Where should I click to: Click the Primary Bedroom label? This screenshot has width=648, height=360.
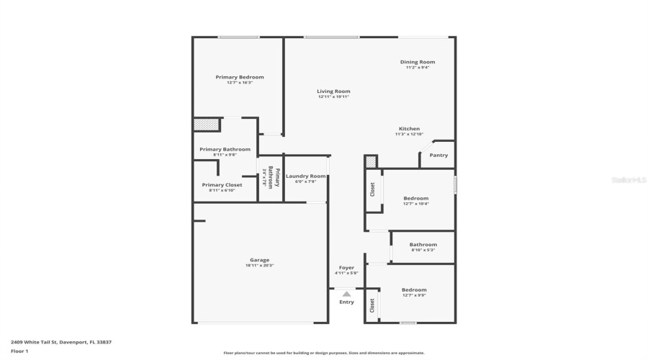[240, 77]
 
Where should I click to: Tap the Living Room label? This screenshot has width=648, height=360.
[333, 91]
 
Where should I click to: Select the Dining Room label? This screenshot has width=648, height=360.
[418, 62]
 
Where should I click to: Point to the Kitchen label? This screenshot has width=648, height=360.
[409, 129]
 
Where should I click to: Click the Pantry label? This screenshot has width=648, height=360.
[438, 156]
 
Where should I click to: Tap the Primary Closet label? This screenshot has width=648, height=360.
[222, 185]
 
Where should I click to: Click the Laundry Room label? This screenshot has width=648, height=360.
[306, 176]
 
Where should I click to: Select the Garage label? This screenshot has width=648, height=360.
[259, 260]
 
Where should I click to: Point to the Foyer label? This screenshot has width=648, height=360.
[346, 268]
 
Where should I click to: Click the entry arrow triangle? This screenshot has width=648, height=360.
[346, 294]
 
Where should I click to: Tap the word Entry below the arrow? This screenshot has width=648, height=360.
[346, 302]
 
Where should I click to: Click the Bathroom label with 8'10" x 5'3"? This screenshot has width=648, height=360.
[423, 245]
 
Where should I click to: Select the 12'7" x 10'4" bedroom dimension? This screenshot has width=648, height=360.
[416, 204]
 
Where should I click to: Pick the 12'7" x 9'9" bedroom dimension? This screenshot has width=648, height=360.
[414, 295]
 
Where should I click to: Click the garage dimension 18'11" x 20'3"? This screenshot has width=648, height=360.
[259, 266]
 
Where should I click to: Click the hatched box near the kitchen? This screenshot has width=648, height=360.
[371, 162]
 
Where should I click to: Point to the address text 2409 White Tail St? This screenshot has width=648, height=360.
[60, 342]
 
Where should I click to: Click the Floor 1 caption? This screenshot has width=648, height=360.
[19, 351]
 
